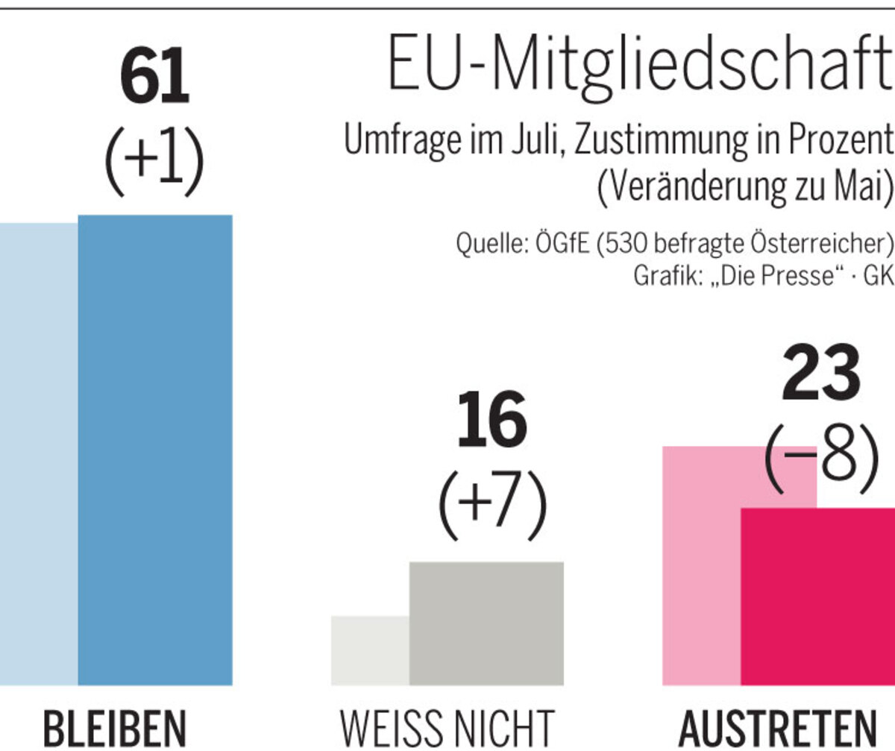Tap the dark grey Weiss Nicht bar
(x=486, y=623)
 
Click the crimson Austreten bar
(x=817, y=597)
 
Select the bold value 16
(x=492, y=421)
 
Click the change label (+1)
(x=154, y=161)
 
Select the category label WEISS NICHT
(x=448, y=729)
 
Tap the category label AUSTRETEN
(x=779, y=729)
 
